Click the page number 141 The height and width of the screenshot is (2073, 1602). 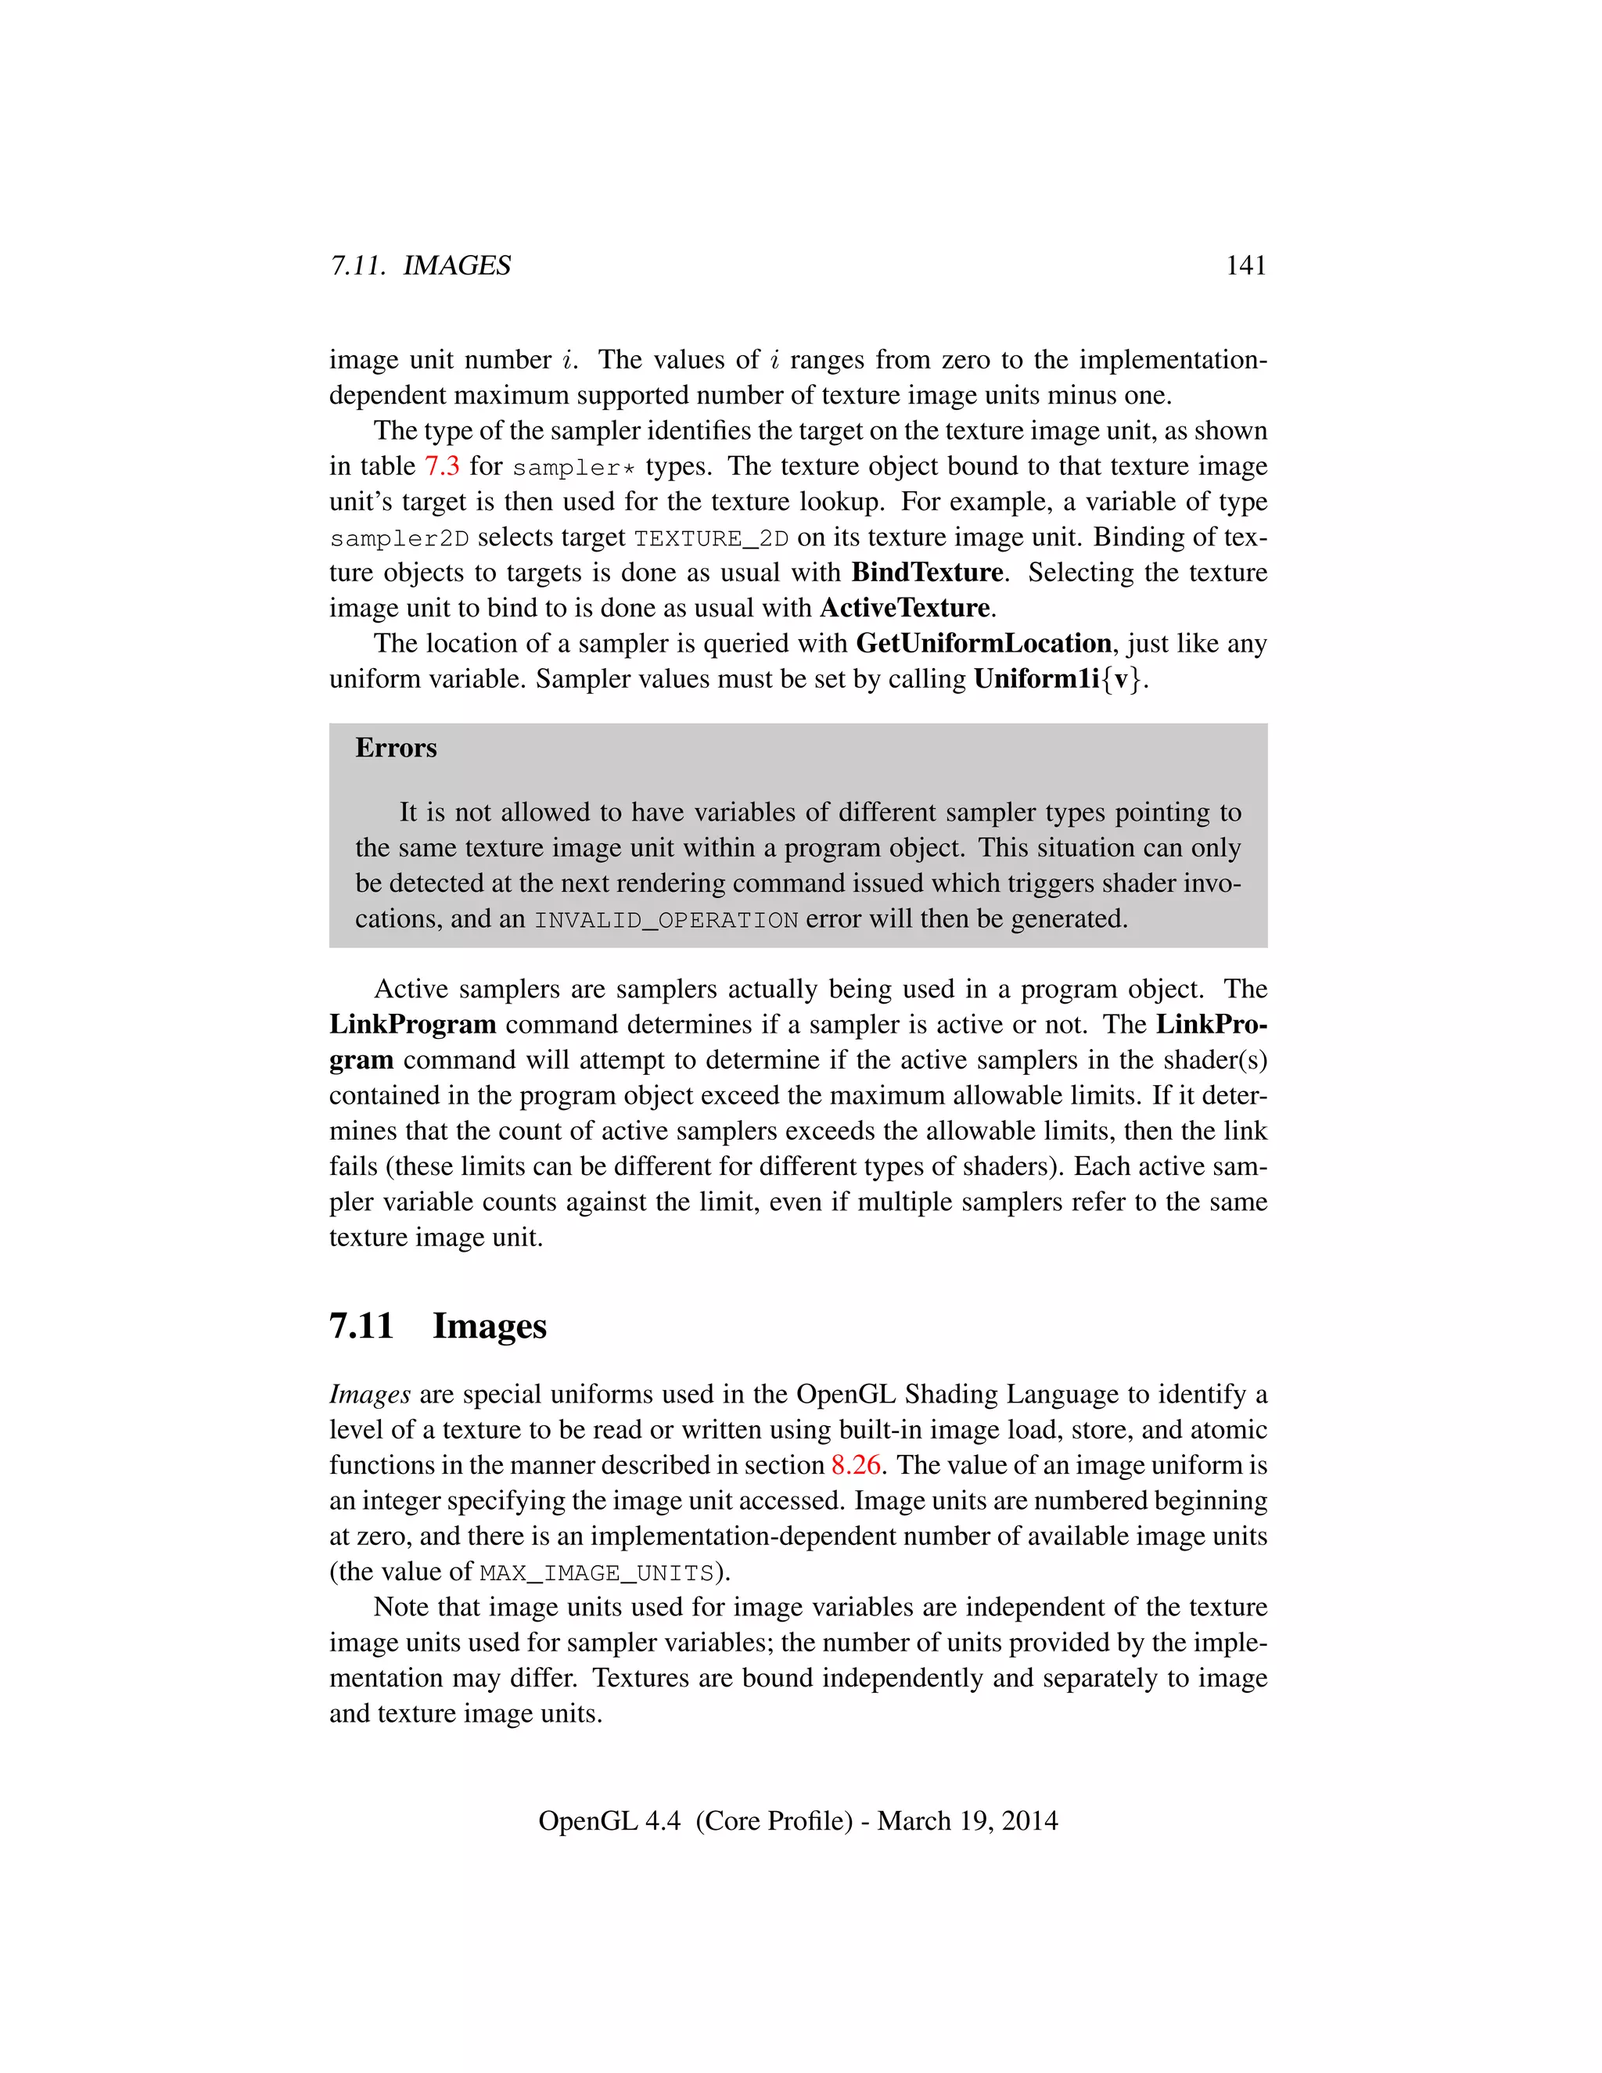tap(1245, 265)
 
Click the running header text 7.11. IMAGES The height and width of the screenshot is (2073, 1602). tap(419, 265)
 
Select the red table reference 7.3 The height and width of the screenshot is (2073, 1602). tap(441, 466)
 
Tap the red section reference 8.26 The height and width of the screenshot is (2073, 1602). tap(855, 1464)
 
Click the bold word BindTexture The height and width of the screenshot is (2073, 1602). tap(926, 573)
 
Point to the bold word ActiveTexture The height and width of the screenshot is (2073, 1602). tap(904, 608)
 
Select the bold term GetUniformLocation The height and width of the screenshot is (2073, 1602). tap(983, 644)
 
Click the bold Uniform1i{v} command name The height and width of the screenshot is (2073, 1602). tap(1059, 680)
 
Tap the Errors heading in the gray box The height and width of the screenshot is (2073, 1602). tap(396, 748)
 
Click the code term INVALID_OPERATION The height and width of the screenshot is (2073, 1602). tap(666, 920)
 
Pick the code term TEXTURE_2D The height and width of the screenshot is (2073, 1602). tap(711, 538)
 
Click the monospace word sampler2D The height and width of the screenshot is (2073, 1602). tap(400, 538)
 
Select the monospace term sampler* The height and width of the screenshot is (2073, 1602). tap(573, 468)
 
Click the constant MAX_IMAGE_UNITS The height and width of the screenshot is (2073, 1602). tap(596, 1573)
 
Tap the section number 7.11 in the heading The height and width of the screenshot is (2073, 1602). tap(361, 1325)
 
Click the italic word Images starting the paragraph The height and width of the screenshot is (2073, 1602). tap(369, 1393)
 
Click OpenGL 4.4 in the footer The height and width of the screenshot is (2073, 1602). tap(609, 1820)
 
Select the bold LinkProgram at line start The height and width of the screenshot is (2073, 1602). tap(412, 1024)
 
